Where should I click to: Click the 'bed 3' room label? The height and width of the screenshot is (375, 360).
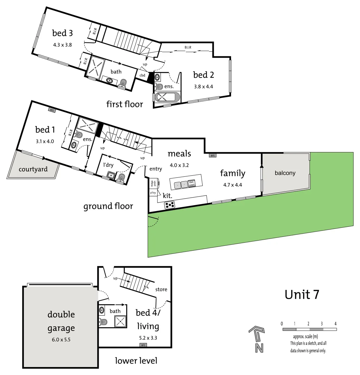(63, 33)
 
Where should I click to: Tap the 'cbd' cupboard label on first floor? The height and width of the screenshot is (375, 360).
(142, 75)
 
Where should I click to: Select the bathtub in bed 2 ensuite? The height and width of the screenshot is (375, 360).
(167, 97)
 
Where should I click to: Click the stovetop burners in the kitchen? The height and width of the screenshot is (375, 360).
(170, 205)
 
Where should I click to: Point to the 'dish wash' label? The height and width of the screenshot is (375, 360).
(191, 184)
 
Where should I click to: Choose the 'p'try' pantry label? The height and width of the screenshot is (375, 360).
(153, 192)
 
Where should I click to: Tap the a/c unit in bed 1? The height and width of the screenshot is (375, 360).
(52, 110)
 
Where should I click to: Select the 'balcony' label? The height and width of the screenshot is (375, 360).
(285, 173)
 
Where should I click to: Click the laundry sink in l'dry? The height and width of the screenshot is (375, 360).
(111, 175)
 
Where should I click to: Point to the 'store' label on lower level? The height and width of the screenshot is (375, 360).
(161, 289)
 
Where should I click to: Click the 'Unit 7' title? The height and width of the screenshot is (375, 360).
(302, 294)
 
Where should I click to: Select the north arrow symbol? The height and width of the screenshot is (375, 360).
(257, 339)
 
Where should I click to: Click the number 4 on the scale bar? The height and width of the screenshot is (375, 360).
(335, 324)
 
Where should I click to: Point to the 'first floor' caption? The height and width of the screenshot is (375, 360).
(124, 104)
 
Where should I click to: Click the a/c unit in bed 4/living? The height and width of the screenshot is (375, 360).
(143, 345)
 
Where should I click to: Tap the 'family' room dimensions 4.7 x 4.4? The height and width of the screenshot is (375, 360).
(232, 185)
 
